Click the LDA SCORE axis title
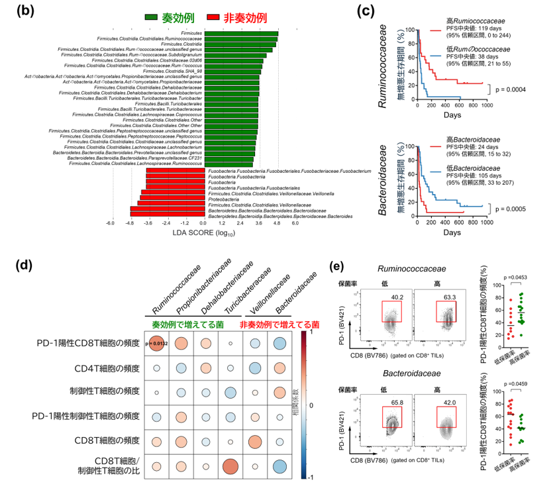[x=204, y=234]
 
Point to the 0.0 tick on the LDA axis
[x=205, y=224]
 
